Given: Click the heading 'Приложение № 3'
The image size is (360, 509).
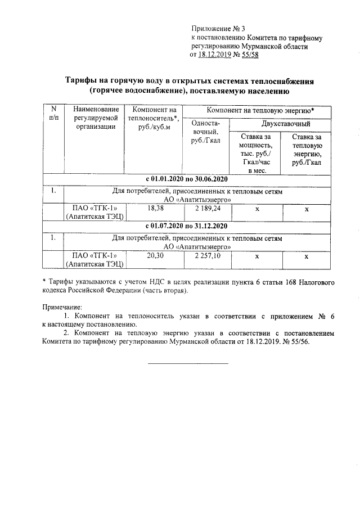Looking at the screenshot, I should [x=219, y=28].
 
